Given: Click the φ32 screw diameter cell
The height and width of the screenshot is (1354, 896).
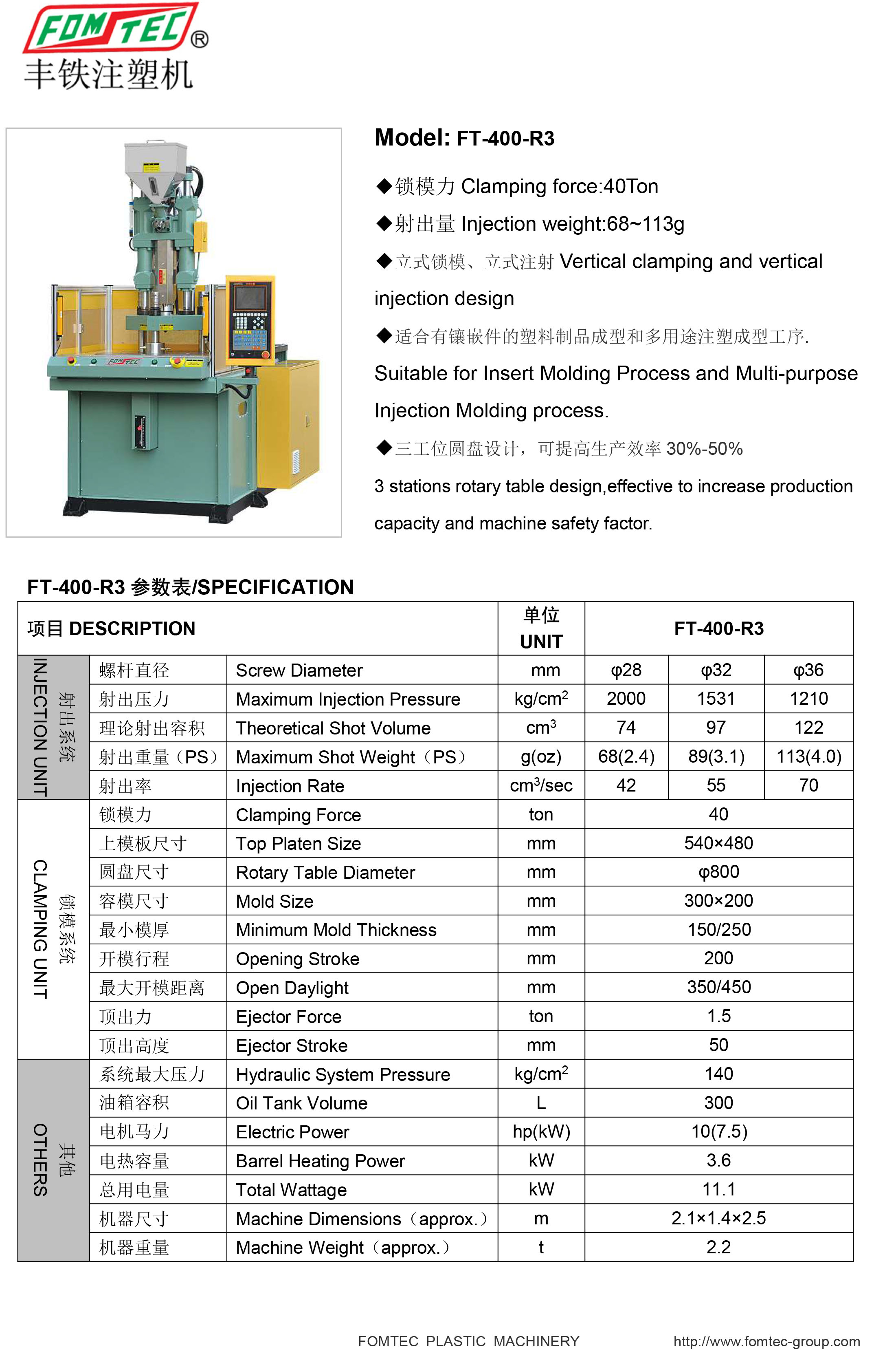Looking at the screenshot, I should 716,670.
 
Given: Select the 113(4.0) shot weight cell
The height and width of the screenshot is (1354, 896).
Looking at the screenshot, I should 808,756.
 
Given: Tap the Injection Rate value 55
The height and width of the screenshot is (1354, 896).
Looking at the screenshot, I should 716,785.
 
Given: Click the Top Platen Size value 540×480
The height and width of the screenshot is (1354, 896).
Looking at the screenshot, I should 718,843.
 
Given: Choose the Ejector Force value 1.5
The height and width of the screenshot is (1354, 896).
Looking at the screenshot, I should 718,1016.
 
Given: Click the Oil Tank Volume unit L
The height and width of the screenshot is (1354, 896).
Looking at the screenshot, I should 540,1103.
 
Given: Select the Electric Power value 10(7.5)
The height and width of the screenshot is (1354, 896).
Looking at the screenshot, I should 718,1131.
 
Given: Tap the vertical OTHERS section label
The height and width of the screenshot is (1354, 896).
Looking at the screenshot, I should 40,1160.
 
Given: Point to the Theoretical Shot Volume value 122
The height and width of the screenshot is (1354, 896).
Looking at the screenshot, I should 808,727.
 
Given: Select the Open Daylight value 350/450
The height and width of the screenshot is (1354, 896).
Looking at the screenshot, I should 718,987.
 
